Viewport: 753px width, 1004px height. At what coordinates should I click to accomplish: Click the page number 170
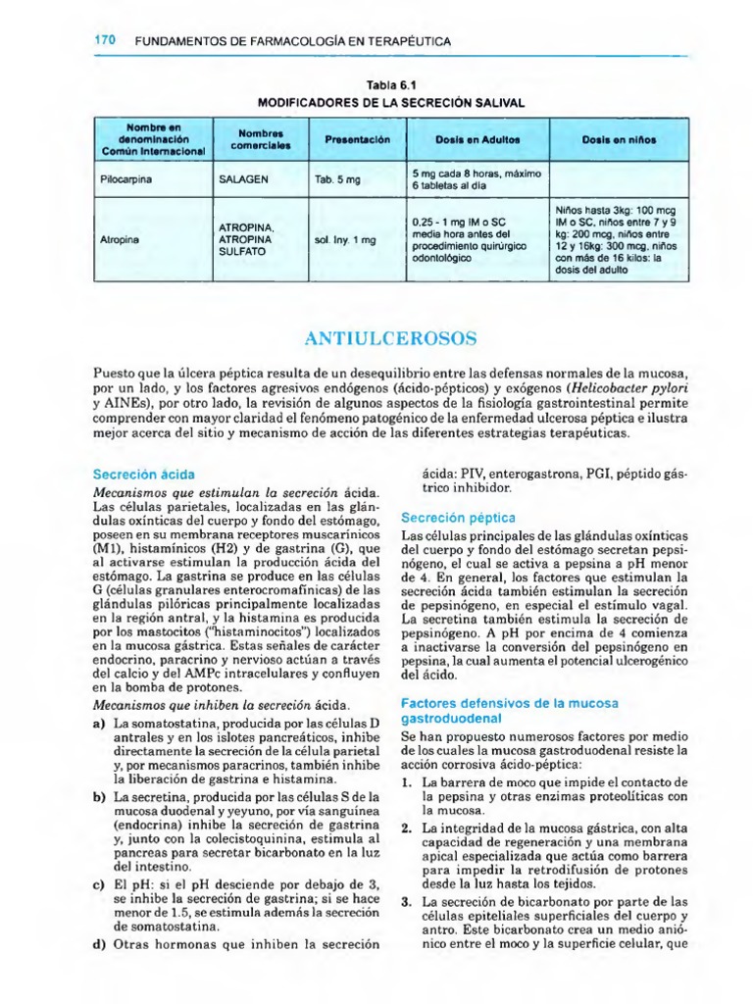coord(105,41)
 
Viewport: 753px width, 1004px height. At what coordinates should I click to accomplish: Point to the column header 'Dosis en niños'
coord(619,140)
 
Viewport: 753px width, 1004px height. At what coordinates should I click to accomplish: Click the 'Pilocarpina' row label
coord(125,180)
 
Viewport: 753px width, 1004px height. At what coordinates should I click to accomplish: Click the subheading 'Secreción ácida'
coord(135,472)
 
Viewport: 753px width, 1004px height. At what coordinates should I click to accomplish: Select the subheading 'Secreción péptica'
coord(458,517)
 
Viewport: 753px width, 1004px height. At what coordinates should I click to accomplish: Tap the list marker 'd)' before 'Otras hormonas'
coord(98,945)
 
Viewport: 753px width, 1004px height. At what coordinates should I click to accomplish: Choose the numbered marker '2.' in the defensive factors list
coord(406,828)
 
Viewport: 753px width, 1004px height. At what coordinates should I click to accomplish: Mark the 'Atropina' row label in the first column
coord(119,240)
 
